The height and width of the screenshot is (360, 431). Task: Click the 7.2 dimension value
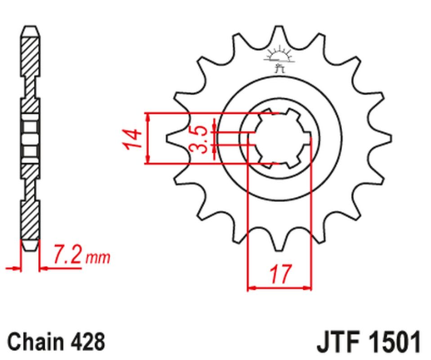coord(66,254)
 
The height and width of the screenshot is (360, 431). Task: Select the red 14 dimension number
coord(129,137)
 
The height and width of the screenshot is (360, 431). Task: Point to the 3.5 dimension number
coord(200,137)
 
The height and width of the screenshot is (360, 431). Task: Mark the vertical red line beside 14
coord(146,137)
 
